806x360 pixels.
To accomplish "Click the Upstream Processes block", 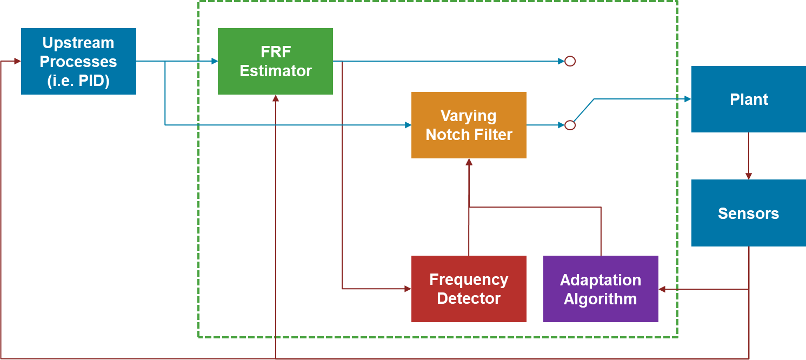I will click(x=78, y=61).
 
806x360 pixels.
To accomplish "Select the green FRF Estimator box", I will click(x=275, y=61).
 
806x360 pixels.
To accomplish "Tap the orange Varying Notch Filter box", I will click(x=469, y=125).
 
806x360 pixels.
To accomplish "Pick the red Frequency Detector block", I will click(x=469, y=289).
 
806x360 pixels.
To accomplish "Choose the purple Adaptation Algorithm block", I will click(x=601, y=289).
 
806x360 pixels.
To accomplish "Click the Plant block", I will click(x=749, y=99).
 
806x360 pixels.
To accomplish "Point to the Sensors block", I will click(x=749, y=213).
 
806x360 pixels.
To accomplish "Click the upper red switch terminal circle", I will click(x=570, y=61).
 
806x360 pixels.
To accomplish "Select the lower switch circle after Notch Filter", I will click(x=570, y=125).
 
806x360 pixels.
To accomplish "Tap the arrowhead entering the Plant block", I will click(x=688, y=99).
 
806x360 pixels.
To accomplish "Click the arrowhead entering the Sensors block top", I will click(x=749, y=176).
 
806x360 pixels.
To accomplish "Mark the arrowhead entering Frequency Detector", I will click(x=408, y=289).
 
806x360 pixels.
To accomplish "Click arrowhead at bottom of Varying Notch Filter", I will click(x=469, y=162).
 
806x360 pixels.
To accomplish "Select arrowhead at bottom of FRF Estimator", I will click(x=276, y=98).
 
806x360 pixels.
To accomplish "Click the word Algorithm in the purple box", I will click(x=600, y=299).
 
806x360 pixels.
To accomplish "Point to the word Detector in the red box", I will click(x=469, y=298).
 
